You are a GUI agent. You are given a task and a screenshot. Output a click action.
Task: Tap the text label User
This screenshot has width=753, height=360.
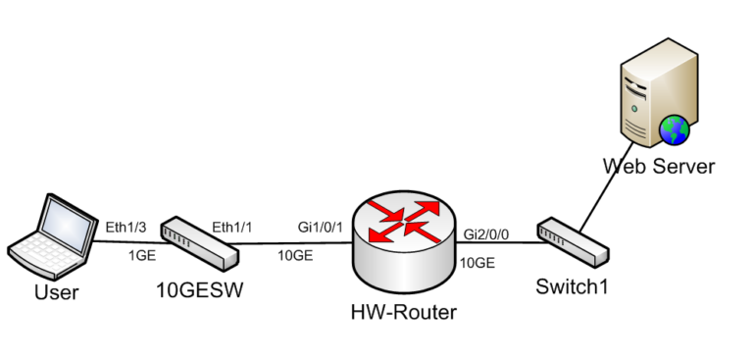click(56, 291)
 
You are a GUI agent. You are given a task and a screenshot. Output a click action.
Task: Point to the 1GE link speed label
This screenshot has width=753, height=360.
click(143, 255)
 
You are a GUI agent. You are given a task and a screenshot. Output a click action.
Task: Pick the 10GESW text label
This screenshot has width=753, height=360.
click(199, 291)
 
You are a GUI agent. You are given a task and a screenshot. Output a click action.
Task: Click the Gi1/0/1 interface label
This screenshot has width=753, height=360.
click(320, 227)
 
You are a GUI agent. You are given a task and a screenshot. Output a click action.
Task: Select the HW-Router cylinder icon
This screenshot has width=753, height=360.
click(403, 246)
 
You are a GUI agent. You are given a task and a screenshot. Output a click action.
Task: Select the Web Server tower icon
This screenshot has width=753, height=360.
click(648, 98)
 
